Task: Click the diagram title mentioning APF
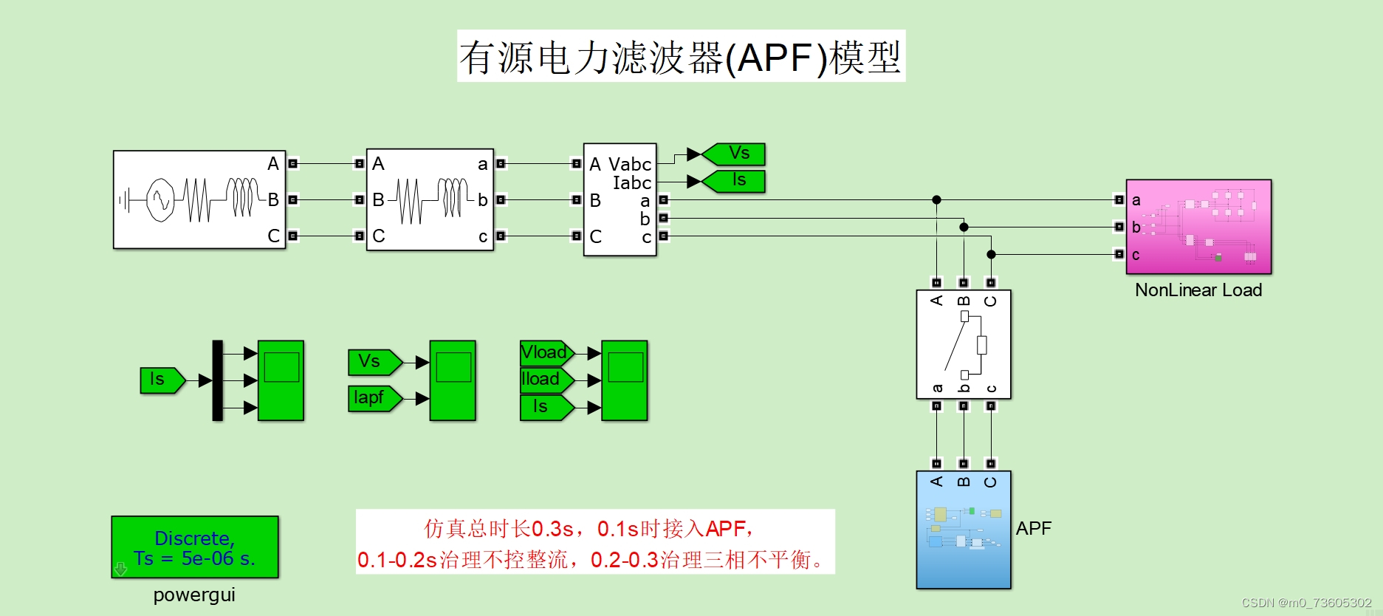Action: point(681,57)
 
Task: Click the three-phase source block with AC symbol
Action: point(199,199)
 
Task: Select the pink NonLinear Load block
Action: point(1198,227)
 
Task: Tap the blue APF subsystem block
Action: point(963,530)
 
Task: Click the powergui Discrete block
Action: point(195,547)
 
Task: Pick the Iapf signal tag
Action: point(373,398)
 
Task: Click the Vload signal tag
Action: point(546,352)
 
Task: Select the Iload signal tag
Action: point(545,380)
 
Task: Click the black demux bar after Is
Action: point(217,380)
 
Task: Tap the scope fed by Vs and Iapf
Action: point(453,380)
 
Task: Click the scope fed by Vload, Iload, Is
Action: point(625,380)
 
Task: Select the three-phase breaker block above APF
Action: point(963,344)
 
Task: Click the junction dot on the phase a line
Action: point(936,199)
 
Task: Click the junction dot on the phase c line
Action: point(991,254)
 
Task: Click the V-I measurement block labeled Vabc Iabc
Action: point(620,199)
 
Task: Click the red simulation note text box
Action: point(595,542)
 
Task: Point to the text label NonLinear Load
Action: point(1198,290)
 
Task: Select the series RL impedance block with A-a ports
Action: point(430,199)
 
